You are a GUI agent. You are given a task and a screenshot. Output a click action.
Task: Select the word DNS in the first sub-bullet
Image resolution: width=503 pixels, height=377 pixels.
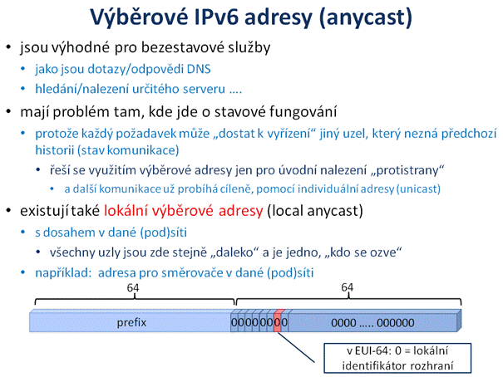coord(199,69)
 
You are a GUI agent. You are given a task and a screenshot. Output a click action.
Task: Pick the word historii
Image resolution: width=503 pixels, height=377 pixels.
coord(54,150)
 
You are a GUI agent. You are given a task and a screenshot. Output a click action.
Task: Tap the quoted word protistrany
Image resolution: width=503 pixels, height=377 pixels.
coord(407,170)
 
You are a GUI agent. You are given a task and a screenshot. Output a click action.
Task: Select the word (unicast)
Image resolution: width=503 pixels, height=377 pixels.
coord(418,189)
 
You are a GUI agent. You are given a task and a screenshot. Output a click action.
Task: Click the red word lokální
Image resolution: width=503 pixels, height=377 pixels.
coord(126,211)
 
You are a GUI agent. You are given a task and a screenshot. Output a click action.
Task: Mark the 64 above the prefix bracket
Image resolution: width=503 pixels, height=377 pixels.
coord(133,287)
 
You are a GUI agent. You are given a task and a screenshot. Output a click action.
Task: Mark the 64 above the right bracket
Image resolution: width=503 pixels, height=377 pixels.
coord(348,287)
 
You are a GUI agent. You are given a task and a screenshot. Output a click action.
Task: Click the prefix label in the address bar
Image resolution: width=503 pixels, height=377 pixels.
coord(131,322)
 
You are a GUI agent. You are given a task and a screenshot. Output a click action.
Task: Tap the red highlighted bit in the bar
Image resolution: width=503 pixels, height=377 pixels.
coord(278,321)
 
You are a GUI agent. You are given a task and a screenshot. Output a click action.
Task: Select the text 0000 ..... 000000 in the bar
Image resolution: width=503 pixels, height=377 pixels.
coord(372,322)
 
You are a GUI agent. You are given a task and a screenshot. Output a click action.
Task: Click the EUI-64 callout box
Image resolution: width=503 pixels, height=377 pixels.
coord(397,359)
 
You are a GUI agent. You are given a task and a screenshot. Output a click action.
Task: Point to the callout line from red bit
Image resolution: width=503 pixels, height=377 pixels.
coord(296,348)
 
